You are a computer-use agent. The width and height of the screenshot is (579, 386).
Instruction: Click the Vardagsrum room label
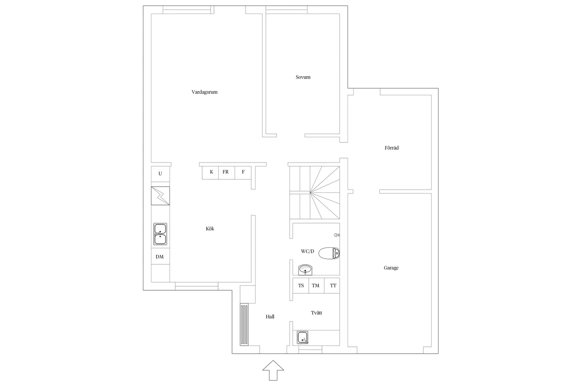tap(205, 92)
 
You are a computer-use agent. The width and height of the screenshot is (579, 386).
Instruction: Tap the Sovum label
tap(303, 77)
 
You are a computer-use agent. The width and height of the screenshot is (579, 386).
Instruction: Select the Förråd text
tap(392, 148)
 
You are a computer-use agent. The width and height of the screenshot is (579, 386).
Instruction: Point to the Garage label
tap(391, 268)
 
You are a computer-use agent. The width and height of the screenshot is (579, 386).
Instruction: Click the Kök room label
tap(210, 229)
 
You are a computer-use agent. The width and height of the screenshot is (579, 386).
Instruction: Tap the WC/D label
tap(307, 252)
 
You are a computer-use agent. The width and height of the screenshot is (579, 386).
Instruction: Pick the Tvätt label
tap(316, 313)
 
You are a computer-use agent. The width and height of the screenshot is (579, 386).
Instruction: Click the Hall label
tap(270, 317)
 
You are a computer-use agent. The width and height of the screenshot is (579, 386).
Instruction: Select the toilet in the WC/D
tap(330, 253)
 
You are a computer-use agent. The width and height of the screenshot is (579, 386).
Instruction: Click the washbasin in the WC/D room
tap(305, 270)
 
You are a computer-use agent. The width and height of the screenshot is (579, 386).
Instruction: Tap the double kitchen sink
tap(160, 234)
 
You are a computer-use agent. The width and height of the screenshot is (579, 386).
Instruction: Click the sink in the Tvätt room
tap(302, 338)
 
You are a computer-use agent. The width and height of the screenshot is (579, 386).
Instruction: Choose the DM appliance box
tap(160, 257)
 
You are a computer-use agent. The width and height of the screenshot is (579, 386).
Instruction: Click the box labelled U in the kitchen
tap(160, 174)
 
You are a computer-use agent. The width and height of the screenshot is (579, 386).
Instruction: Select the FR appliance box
tap(226, 172)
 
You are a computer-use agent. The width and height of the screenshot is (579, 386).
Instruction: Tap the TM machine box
tap(316, 286)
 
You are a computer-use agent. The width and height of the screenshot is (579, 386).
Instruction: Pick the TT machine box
tap(333, 286)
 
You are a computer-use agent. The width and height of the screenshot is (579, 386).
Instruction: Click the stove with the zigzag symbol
tap(160, 196)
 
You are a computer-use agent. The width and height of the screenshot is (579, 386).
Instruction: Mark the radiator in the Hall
tap(244, 325)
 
